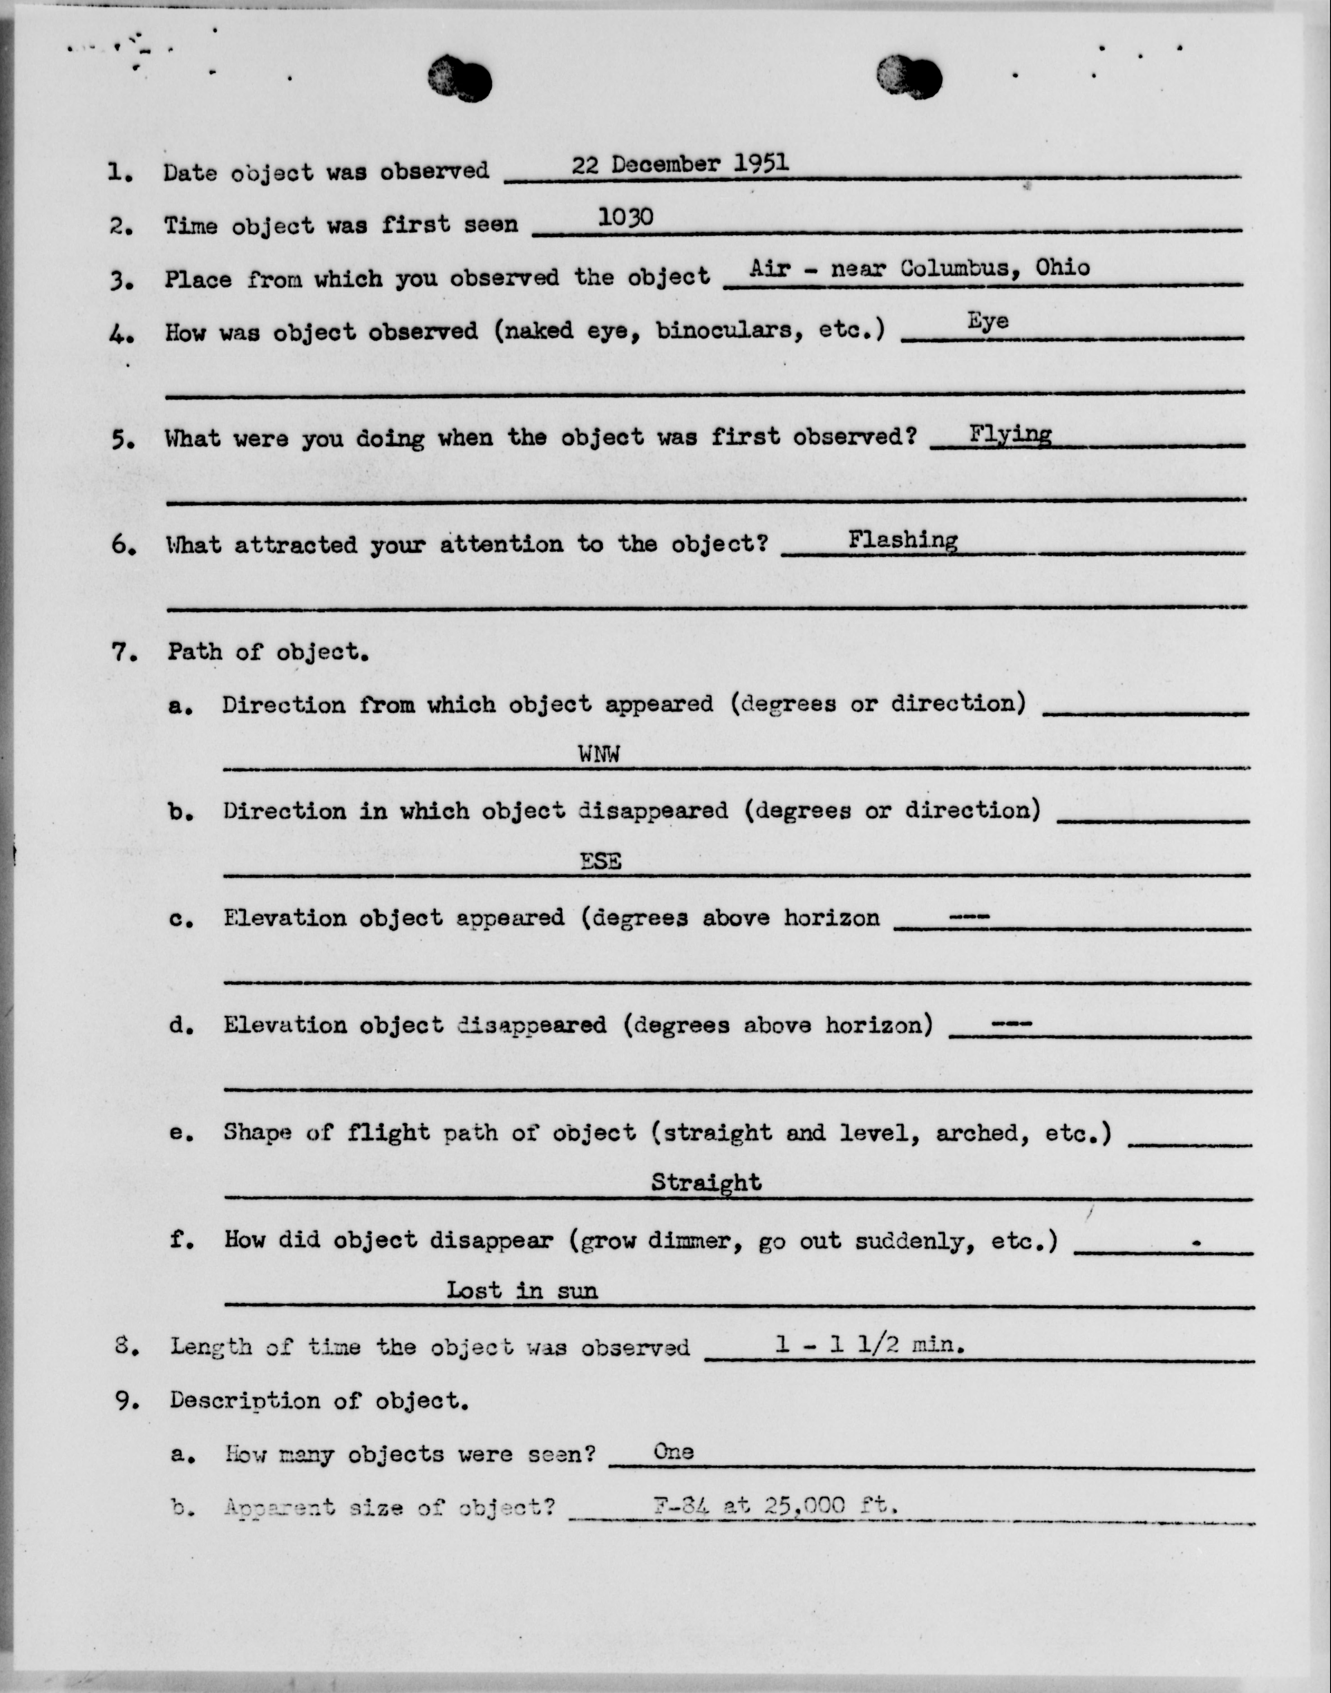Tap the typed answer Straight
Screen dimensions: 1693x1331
point(706,1182)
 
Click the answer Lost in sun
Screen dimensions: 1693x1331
point(521,1290)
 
